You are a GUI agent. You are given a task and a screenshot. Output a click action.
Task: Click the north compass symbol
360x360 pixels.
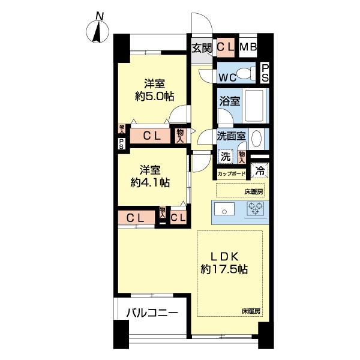[97, 32]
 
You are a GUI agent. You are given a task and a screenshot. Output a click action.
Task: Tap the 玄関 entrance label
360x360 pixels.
[202, 48]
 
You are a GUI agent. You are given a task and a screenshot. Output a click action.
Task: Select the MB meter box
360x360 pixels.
[248, 47]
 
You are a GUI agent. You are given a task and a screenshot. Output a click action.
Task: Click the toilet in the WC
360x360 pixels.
[245, 73]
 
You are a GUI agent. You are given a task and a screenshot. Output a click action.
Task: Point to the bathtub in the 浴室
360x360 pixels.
[254, 106]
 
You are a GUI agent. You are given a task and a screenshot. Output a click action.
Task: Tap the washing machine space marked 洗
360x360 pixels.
[225, 157]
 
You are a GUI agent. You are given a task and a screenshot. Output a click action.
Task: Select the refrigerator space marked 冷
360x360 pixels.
[260, 170]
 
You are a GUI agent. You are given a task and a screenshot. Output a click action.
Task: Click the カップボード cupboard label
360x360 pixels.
[232, 173]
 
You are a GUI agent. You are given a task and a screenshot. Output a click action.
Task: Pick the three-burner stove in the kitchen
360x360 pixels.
[256, 208]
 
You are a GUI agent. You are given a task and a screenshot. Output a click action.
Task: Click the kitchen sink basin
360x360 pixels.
[224, 209]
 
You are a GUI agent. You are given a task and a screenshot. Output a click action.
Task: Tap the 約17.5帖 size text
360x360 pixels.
[224, 269]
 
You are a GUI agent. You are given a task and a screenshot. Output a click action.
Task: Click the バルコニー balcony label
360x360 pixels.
[152, 313]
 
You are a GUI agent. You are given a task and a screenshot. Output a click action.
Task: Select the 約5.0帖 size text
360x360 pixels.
[154, 97]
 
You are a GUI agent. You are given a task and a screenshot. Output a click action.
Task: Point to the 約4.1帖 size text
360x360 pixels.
[150, 183]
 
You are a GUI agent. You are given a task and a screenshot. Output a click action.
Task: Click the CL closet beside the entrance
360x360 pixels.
[226, 47]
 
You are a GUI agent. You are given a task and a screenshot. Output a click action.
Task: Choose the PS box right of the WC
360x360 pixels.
[265, 73]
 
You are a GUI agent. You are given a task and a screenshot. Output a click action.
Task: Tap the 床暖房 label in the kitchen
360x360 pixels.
[254, 192]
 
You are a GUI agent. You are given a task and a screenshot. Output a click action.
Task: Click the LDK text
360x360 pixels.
[224, 257]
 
